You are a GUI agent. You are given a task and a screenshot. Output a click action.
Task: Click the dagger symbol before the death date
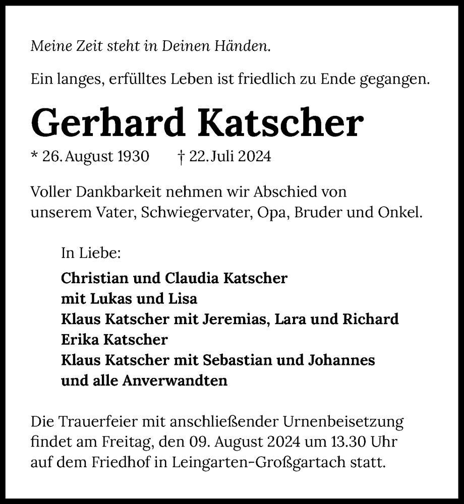[181, 157]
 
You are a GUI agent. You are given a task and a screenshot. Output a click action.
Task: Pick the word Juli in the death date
[221, 157]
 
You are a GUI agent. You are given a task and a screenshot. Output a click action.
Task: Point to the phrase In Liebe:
[91, 253]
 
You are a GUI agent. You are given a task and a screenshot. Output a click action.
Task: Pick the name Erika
[79, 340]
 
